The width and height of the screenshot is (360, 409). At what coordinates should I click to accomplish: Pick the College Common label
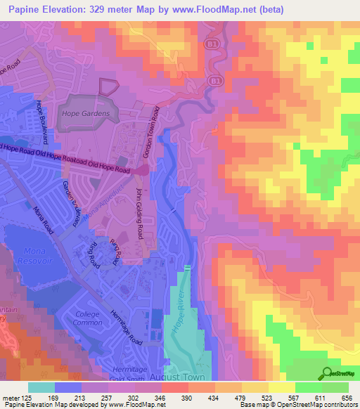88,319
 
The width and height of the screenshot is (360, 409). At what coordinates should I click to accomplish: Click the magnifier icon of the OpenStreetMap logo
326,374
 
